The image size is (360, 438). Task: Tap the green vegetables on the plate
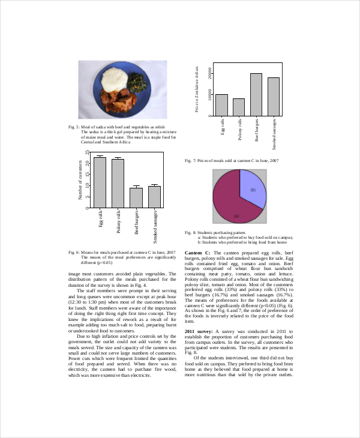(x=138, y=84)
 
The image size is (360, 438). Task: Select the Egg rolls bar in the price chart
(x=221, y=105)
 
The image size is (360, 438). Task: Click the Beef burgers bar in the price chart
(x=256, y=94)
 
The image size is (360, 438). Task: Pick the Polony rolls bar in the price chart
(x=239, y=107)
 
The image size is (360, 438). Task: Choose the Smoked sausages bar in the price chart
(x=274, y=97)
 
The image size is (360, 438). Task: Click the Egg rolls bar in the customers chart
(x=100, y=182)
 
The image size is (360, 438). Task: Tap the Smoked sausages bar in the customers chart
(x=155, y=197)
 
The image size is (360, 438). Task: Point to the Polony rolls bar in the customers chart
(x=118, y=184)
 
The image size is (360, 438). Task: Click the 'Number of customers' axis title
(x=80, y=180)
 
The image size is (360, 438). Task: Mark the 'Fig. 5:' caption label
(x=74, y=127)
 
